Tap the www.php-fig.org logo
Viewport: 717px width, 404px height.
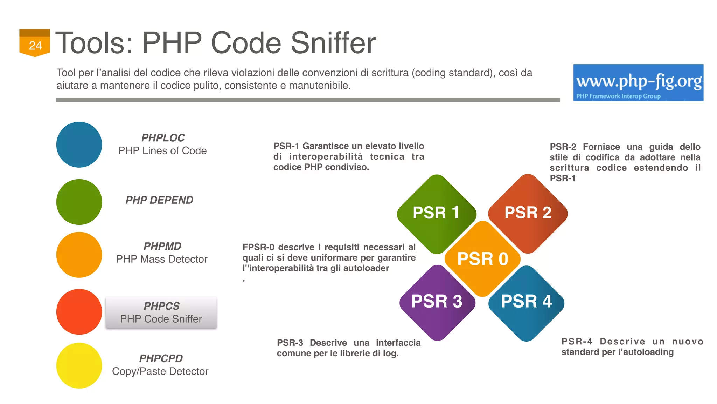pos(638,83)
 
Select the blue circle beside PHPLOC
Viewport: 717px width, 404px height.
pos(79,144)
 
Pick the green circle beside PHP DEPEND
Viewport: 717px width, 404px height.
pos(79,202)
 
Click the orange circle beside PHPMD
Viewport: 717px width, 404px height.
pos(79,255)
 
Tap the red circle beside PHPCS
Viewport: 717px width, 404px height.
pos(79,312)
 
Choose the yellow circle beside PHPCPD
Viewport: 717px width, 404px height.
pos(79,365)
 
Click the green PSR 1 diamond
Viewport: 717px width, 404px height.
pos(436,213)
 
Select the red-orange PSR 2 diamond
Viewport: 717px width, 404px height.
pos(528,213)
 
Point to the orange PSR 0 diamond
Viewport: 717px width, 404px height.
pos(482,259)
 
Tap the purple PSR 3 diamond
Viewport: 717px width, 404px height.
pos(437,302)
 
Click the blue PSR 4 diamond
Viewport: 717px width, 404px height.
pos(526,302)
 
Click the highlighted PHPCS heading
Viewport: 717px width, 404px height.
pos(161,306)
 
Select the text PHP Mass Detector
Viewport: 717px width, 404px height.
pos(162,259)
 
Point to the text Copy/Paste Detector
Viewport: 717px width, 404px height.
pos(160,371)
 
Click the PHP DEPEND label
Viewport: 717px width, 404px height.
pos(159,200)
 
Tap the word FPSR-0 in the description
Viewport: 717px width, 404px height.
pos(258,247)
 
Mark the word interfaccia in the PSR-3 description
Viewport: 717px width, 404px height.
pos(398,343)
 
